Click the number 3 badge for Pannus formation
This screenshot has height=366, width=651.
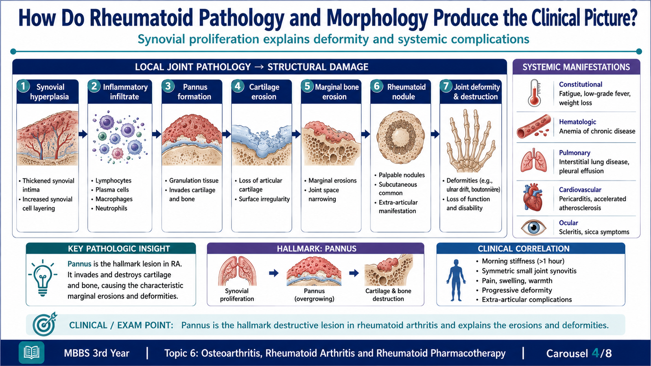(x=168, y=86)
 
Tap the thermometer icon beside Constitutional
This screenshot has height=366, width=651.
(x=535, y=93)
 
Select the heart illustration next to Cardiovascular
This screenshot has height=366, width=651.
(x=533, y=197)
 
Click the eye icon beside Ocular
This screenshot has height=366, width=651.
(x=533, y=227)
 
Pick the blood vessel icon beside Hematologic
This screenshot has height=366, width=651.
(x=534, y=126)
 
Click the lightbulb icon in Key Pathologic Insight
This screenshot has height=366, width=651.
(x=43, y=278)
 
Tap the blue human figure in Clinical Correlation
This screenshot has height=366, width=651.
(x=456, y=280)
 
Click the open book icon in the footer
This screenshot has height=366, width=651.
(x=31, y=352)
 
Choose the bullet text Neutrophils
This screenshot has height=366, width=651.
(x=111, y=208)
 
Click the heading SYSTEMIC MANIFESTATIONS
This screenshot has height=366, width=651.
(x=576, y=67)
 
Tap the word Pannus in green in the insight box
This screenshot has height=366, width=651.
(x=79, y=264)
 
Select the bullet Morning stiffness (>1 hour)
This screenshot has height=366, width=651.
(x=523, y=261)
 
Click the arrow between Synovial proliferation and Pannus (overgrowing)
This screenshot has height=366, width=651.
(x=274, y=273)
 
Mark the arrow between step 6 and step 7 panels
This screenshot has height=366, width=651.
(x=435, y=134)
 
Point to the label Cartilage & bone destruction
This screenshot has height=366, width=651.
(x=388, y=295)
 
